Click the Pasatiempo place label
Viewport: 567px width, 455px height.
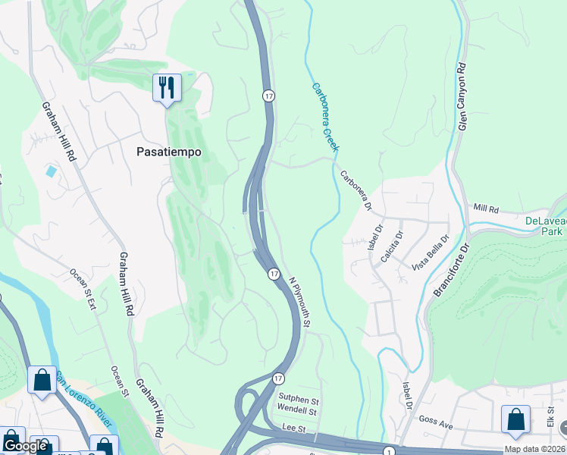169,152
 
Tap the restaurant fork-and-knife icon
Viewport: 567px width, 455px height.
167,87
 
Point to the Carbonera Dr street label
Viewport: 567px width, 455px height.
356,190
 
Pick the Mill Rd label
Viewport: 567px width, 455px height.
484,207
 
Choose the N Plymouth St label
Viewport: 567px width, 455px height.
300,301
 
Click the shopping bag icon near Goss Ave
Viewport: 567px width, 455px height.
515,421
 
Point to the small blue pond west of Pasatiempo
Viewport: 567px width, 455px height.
51,171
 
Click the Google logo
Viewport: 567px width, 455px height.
24,446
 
